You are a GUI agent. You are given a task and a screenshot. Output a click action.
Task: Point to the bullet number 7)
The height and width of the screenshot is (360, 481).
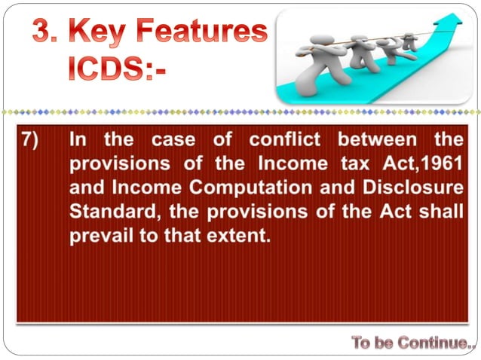coord(34,139)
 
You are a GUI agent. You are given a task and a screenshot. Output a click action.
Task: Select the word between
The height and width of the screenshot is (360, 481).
coord(375,139)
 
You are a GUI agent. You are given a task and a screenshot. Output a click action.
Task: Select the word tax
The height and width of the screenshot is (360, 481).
coord(367,163)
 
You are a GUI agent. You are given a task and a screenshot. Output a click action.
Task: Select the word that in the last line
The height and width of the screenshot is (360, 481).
coord(184,235)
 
